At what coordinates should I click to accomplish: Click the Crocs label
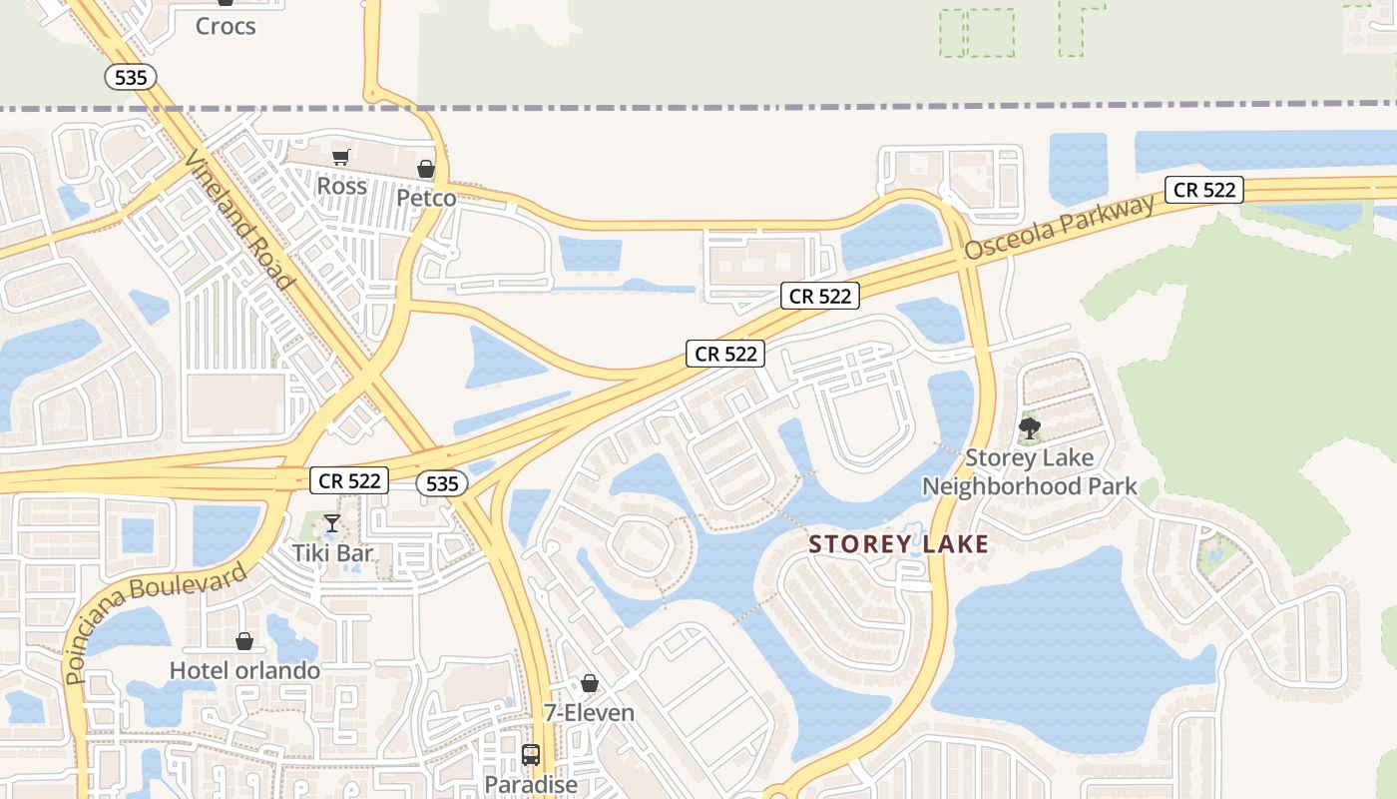click(226, 27)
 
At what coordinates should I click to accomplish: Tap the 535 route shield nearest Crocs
click(131, 77)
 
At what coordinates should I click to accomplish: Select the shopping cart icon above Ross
click(341, 157)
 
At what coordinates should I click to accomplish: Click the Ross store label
click(341, 186)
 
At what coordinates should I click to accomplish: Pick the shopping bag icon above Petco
click(426, 169)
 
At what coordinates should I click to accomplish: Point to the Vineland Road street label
click(239, 221)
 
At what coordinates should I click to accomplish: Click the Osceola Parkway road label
click(1059, 228)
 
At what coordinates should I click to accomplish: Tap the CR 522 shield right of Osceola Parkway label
click(1204, 190)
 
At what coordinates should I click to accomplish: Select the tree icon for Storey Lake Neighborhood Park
click(1030, 429)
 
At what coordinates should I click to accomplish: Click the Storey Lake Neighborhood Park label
click(1030, 472)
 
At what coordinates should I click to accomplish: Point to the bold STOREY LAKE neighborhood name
click(898, 544)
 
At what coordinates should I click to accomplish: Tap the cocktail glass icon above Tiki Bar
click(332, 523)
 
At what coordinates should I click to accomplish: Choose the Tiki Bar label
click(332, 553)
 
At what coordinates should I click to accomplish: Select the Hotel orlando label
click(244, 670)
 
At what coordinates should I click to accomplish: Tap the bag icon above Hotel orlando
click(244, 641)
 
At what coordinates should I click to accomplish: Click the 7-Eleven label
click(589, 712)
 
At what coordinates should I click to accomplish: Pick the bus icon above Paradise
click(531, 755)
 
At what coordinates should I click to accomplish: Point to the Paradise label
click(531, 784)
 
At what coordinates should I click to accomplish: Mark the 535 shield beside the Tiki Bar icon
click(441, 484)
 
